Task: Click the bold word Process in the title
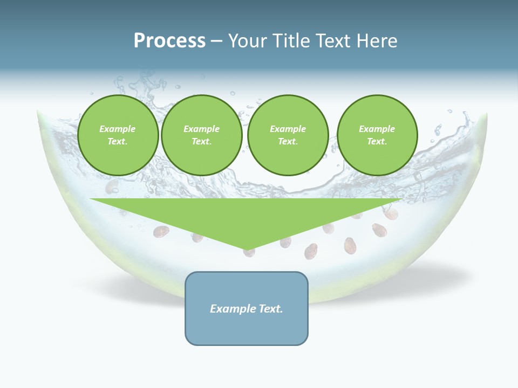click(169, 40)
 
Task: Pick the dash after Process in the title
click(216, 41)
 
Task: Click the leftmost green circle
click(118, 135)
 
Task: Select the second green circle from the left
click(202, 135)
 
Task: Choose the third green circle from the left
click(288, 135)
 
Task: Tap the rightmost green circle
click(377, 135)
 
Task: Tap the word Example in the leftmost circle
click(118, 129)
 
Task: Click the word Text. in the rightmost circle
click(377, 142)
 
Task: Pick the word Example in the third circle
click(288, 129)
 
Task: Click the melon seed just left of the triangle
click(161, 232)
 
